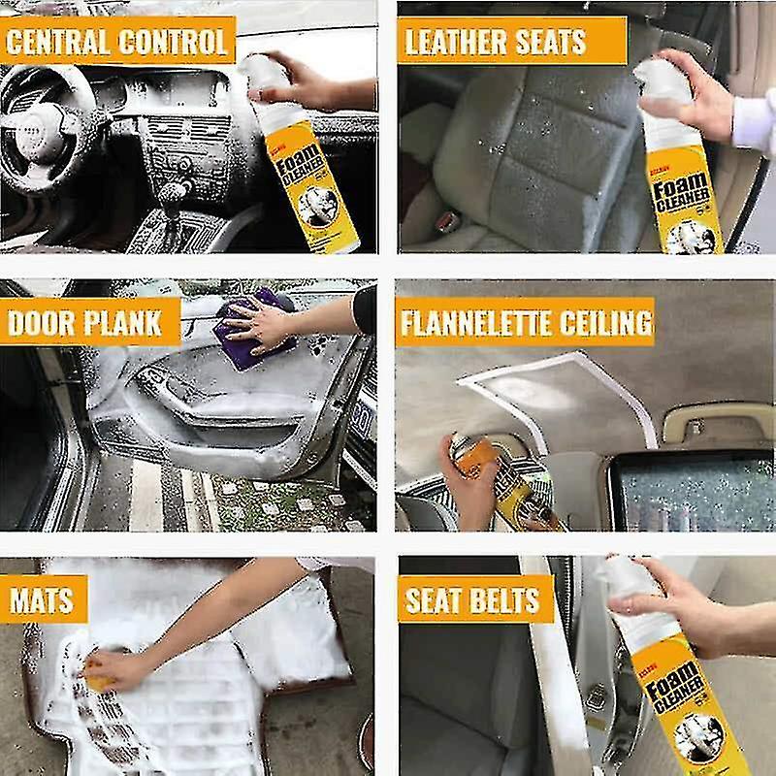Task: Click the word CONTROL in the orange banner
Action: pyautogui.click(x=174, y=42)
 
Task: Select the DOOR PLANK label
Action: pyautogui.click(x=85, y=323)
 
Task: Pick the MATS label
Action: pyautogui.click(x=42, y=601)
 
